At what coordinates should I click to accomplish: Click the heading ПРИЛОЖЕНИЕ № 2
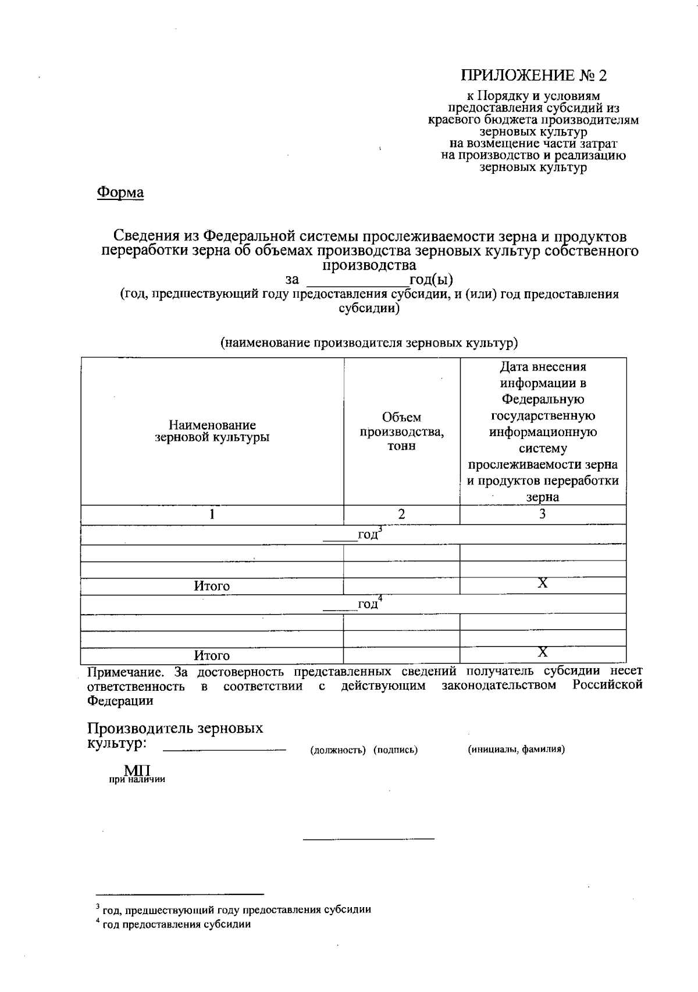click(x=533, y=76)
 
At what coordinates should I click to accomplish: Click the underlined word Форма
click(x=120, y=192)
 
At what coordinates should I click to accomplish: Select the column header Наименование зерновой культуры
click(x=212, y=431)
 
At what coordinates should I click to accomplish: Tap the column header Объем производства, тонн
click(x=401, y=431)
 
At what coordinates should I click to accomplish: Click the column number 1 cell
click(x=212, y=514)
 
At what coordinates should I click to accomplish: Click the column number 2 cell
click(x=401, y=514)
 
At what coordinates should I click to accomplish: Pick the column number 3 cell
click(x=542, y=514)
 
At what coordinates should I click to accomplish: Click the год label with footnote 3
click(x=369, y=534)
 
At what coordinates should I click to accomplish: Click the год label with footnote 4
click(x=369, y=604)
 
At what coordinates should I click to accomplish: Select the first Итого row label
click(x=212, y=586)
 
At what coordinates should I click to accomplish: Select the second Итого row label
click(x=212, y=655)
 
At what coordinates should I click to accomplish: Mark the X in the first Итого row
click(x=542, y=583)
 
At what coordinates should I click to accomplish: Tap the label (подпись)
click(x=396, y=750)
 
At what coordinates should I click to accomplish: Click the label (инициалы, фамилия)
click(x=517, y=750)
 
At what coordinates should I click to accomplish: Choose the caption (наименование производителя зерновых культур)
click(x=369, y=343)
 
